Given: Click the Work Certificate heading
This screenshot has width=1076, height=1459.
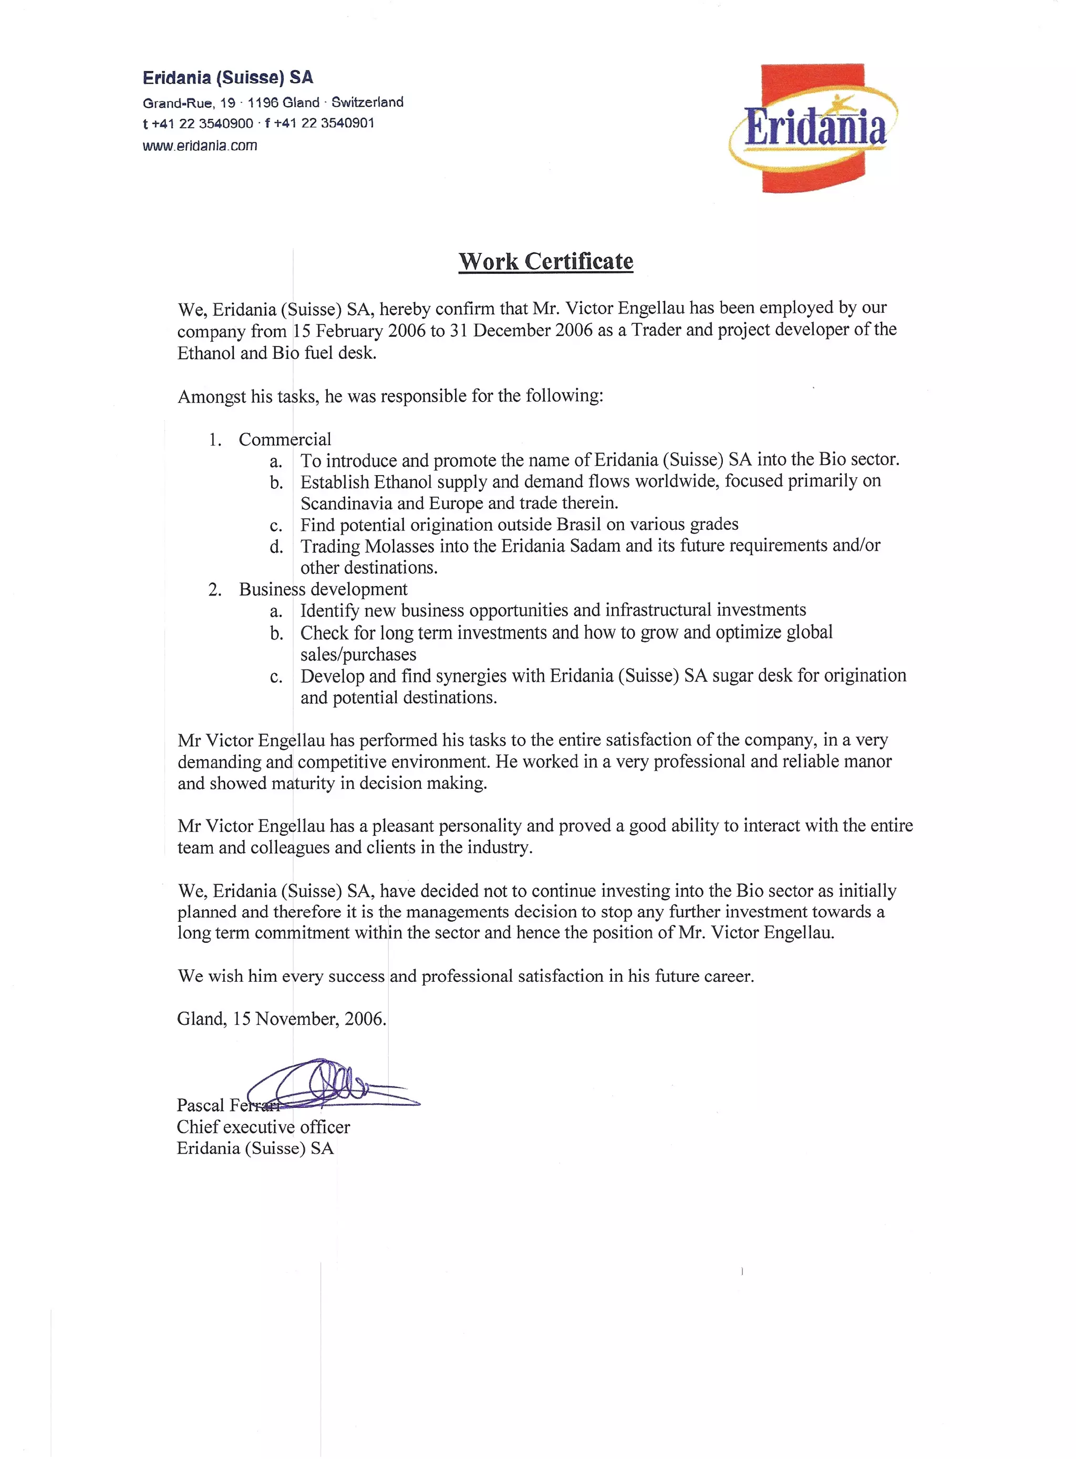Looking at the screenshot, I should click(546, 261).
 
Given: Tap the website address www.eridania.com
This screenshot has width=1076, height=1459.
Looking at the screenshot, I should click(200, 145).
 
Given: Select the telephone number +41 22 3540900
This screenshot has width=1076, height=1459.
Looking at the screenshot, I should click(202, 123).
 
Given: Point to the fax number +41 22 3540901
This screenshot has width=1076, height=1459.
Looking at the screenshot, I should click(324, 123).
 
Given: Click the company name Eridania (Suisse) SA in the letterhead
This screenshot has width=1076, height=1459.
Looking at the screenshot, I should click(228, 78).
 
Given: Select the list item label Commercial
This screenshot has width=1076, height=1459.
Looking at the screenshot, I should click(285, 439).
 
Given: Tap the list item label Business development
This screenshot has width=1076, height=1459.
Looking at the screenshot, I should click(323, 589).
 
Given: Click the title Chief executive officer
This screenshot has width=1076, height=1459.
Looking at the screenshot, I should click(263, 1127).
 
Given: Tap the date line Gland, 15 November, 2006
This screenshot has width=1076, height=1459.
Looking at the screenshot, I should click(282, 1019).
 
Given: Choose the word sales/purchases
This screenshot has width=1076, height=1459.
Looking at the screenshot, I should click(358, 654).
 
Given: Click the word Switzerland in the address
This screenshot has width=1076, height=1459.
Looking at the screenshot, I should click(367, 102).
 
